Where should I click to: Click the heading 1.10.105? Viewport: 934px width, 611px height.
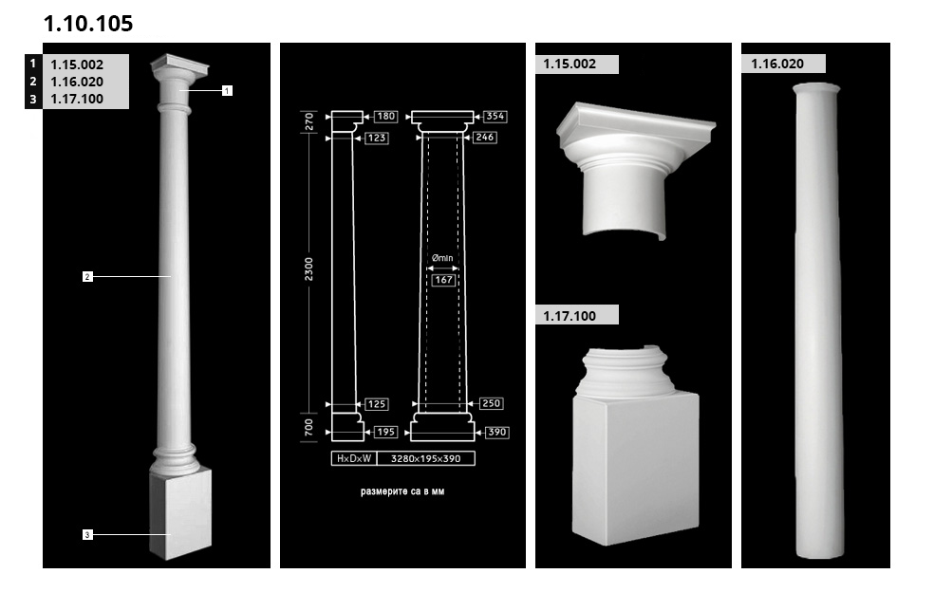tap(88, 23)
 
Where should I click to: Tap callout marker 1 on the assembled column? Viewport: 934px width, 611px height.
tap(227, 90)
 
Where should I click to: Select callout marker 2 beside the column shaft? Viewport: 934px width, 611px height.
tap(87, 276)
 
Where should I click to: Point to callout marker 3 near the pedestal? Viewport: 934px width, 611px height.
tap(87, 535)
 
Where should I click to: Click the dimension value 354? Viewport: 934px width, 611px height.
tap(495, 116)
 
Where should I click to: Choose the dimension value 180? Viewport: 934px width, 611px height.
tap(386, 116)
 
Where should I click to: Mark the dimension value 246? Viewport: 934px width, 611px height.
tap(485, 137)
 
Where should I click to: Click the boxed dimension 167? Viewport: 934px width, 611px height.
tap(444, 280)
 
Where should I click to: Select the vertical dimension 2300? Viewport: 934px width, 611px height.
tap(308, 269)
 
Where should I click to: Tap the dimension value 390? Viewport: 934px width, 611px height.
tap(496, 433)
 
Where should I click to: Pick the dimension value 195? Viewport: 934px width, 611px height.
tap(385, 433)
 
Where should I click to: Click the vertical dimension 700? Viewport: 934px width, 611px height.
tap(308, 427)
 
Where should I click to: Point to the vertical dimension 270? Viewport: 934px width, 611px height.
tap(308, 120)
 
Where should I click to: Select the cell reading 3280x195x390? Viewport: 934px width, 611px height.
tap(426, 458)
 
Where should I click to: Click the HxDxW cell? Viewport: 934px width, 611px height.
tap(354, 458)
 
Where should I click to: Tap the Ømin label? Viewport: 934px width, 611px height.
tap(442, 258)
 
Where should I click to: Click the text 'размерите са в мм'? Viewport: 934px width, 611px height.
tap(402, 491)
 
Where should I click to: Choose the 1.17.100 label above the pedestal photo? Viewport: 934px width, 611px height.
tap(570, 316)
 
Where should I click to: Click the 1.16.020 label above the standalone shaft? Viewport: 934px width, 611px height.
tap(777, 64)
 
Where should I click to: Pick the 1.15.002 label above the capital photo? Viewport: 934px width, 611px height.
tap(570, 64)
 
